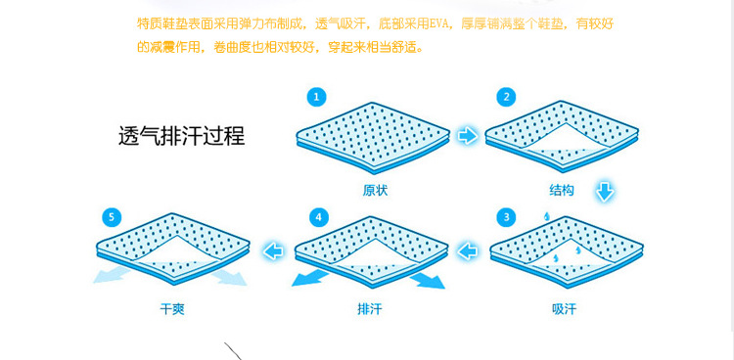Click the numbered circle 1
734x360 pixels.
click(x=316, y=98)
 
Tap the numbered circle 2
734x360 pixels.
click(x=506, y=98)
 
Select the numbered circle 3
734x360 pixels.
click(x=506, y=217)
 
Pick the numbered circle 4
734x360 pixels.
click(x=319, y=217)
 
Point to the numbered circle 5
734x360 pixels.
click(x=112, y=217)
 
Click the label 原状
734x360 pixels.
click(x=375, y=191)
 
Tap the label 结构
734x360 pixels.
click(x=562, y=191)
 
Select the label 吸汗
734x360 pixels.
click(x=564, y=309)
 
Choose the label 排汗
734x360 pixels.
click(x=370, y=309)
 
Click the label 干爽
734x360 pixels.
click(x=172, y=309)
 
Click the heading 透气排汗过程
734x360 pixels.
click(x=182, y=137)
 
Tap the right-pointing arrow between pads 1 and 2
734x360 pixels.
click(x=468, y=136)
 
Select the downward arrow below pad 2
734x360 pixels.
click(x=605, y=192)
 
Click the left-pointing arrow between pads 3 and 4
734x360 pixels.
click(x=467, y=251)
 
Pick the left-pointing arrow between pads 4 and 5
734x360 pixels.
click(x=273, y=251)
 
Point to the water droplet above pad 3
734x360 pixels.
click(x=546, y=216)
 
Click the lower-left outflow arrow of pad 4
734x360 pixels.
click(x=310, y=278)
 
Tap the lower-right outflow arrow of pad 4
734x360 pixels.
click(x=428, y=281)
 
